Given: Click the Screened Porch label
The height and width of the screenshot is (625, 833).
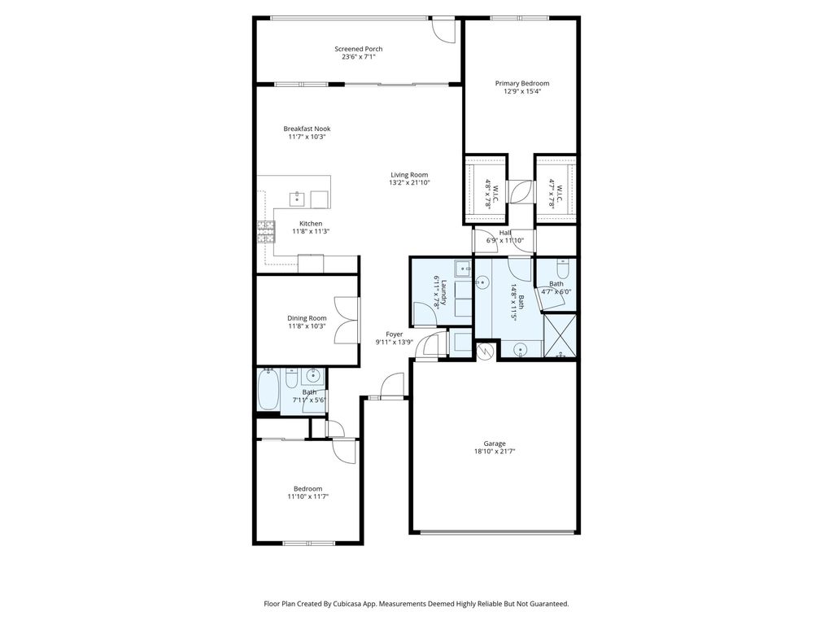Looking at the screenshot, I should (x=358, y=49).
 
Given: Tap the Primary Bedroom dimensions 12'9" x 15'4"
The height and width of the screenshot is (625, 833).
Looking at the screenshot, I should (x=522, y=91).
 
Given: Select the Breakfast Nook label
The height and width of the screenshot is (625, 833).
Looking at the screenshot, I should (x=307, y=129).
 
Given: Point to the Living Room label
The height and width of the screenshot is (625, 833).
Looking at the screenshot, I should (x=408, y=175).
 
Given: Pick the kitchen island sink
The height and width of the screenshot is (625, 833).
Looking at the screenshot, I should (x=298, y=198).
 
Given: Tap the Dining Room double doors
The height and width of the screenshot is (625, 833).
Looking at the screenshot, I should (x=348, y=321).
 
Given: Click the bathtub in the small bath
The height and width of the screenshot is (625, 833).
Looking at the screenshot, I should (x=268, y=391).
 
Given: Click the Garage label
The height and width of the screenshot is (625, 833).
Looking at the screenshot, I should (x=495, y=443).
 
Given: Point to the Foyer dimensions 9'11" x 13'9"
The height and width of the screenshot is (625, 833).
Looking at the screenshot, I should (x=394, y=343).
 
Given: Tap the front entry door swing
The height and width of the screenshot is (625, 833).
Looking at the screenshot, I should (x=394, y=384).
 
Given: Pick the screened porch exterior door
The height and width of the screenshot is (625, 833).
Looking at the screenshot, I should (x=443, y=30).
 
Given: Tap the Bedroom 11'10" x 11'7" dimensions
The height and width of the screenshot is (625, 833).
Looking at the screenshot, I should (x=307, y=496).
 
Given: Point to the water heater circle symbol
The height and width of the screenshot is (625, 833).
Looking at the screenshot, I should (x=486, y=352).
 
